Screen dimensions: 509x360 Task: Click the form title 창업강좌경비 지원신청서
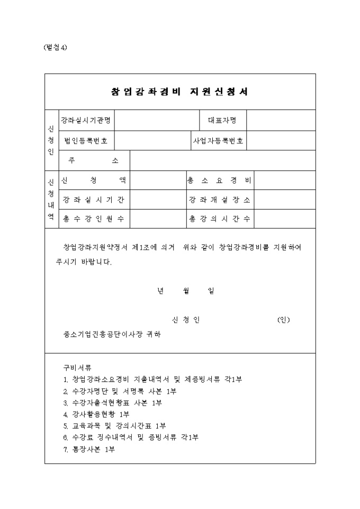tap(180, 92)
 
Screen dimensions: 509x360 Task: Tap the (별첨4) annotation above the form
tap(55, 47)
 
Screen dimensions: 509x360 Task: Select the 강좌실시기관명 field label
tap(86, 120)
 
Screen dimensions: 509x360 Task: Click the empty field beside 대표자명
tap(281, 120)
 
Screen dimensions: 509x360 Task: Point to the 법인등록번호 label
tap(86, 140)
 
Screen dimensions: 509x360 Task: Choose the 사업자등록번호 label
tap(218, 140)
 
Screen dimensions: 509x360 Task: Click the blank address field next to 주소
tap(222, 160)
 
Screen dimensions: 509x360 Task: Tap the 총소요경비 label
tap(219, 180)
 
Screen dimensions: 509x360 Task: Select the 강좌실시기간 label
tap(93, 199)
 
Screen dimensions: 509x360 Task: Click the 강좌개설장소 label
tap(219, 199)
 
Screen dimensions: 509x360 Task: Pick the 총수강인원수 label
tap(93, 218)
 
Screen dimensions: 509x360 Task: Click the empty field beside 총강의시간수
tap(285, 218)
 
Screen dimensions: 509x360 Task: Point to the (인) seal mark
tap(283, 320)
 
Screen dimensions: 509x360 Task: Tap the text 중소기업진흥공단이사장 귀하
tap(112, 334)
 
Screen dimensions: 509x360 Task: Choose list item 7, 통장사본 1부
tap(89, 449)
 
